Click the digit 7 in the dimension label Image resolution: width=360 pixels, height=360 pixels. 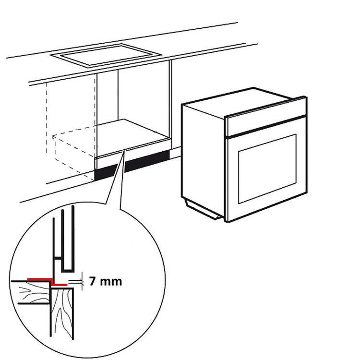92,281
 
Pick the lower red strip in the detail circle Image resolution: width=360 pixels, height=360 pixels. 59,285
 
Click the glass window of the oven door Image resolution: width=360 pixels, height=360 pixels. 267,169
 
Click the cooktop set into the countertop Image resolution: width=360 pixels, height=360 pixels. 106,55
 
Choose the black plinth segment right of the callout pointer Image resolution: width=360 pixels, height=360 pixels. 147,162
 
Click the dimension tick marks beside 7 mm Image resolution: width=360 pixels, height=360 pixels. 82,282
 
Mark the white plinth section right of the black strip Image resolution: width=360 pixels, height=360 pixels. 175,153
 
